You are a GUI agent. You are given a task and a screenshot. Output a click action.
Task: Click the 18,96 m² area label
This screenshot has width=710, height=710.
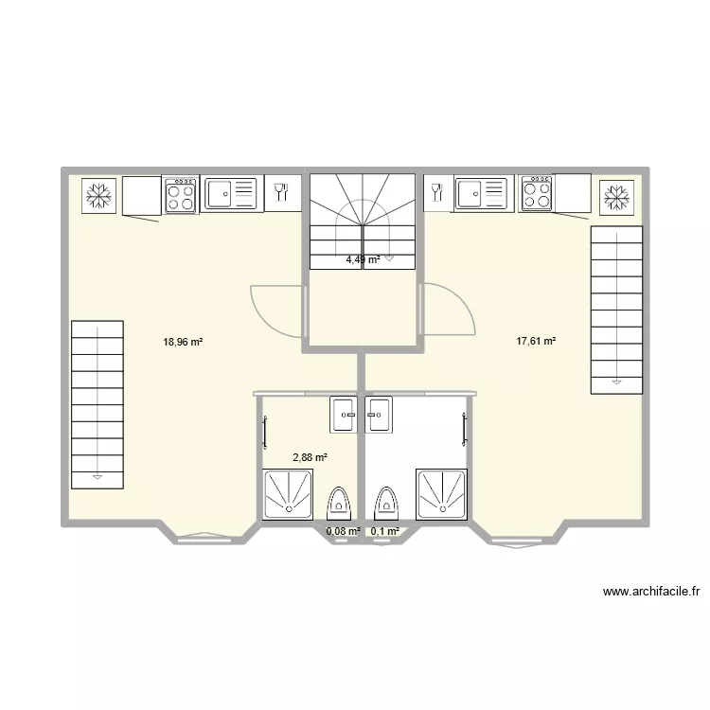(183, 342)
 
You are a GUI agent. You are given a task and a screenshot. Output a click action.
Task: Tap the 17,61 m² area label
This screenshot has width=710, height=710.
(536, 341)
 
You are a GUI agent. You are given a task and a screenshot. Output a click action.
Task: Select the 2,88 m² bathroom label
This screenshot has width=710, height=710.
(310, 457)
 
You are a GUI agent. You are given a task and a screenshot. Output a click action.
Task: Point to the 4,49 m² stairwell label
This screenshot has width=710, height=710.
(363, 259)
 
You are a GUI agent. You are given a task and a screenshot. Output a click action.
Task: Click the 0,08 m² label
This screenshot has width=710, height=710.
(344, 531)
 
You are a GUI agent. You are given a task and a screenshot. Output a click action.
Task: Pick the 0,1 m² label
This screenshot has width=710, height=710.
(385, 531)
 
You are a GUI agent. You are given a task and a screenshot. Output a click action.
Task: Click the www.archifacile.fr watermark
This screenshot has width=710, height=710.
(651, 592)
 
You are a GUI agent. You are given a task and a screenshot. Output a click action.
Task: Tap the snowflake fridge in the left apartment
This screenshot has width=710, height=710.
(98, 196)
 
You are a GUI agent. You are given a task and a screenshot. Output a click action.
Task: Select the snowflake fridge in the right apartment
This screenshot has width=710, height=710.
(616, 198)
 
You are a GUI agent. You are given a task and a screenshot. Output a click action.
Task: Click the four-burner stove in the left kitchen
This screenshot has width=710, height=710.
(180, 195)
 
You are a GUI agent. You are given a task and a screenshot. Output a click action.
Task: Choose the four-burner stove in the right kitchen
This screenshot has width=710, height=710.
(537, 193)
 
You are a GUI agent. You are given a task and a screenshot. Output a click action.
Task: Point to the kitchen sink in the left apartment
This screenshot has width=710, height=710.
(231, 194)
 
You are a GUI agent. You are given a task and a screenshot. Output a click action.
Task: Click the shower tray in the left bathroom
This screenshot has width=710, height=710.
(289, 494)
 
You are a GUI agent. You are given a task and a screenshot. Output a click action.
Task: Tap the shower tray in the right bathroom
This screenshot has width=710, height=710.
(442, 494)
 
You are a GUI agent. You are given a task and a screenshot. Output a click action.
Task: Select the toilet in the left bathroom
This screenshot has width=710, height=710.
(339, 503)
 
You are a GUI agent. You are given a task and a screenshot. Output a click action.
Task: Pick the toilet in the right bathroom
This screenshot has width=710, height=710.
(386, 503)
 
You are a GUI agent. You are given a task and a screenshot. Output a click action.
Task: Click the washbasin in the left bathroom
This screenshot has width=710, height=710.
(344, 415)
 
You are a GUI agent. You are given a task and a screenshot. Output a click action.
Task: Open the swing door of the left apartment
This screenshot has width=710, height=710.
(276, 311)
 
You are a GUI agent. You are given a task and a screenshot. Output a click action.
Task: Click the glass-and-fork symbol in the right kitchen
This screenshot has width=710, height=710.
(437, 192)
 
